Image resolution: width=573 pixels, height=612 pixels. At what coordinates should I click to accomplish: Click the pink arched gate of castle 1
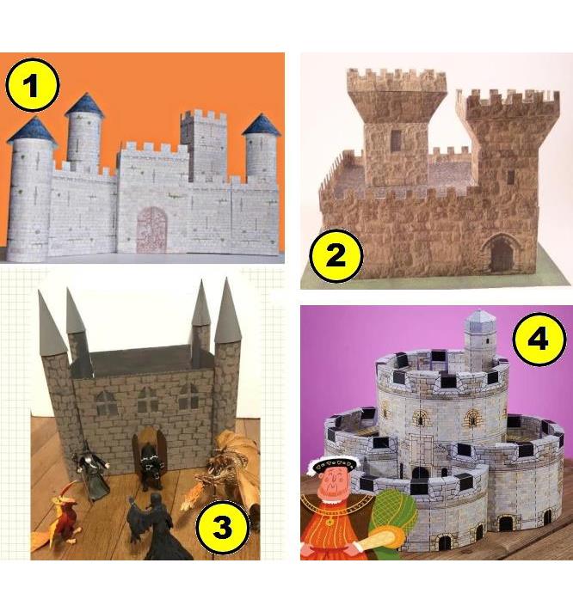152,228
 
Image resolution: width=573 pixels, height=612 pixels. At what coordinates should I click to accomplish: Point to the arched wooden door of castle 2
500,255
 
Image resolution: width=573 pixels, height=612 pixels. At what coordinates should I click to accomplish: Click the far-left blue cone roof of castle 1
33,131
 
